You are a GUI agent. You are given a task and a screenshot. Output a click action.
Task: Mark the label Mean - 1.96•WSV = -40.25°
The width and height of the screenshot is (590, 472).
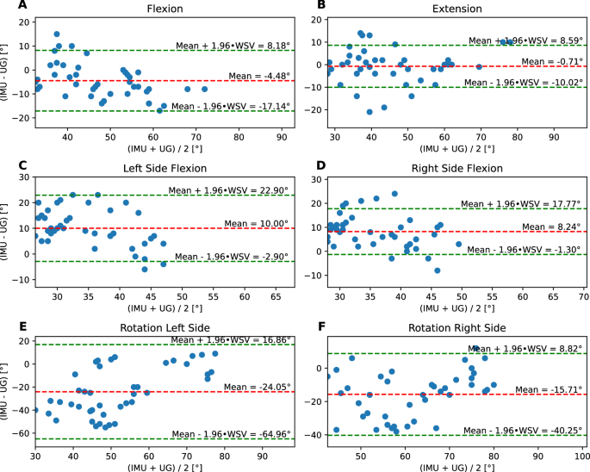525,429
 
